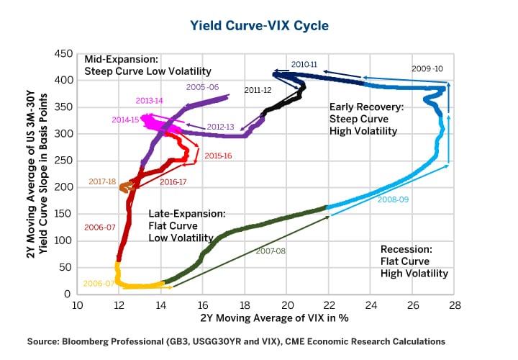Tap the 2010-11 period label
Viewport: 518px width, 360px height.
pos(304,64)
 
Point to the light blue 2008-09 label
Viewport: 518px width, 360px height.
pos(393,199)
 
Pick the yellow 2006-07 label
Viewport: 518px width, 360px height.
pos(99,284)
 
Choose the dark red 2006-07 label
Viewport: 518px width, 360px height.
pos(99,227)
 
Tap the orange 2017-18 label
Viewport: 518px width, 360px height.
pos(103,181)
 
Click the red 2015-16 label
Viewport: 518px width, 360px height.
pos(218,156)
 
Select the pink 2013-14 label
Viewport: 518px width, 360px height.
pos(149,100)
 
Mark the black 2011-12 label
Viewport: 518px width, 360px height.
pos(258,91)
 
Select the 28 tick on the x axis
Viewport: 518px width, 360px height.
pos(455,305)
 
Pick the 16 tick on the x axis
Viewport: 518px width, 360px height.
pos(203,305)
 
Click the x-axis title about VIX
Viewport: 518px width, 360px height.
pos(266,318)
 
